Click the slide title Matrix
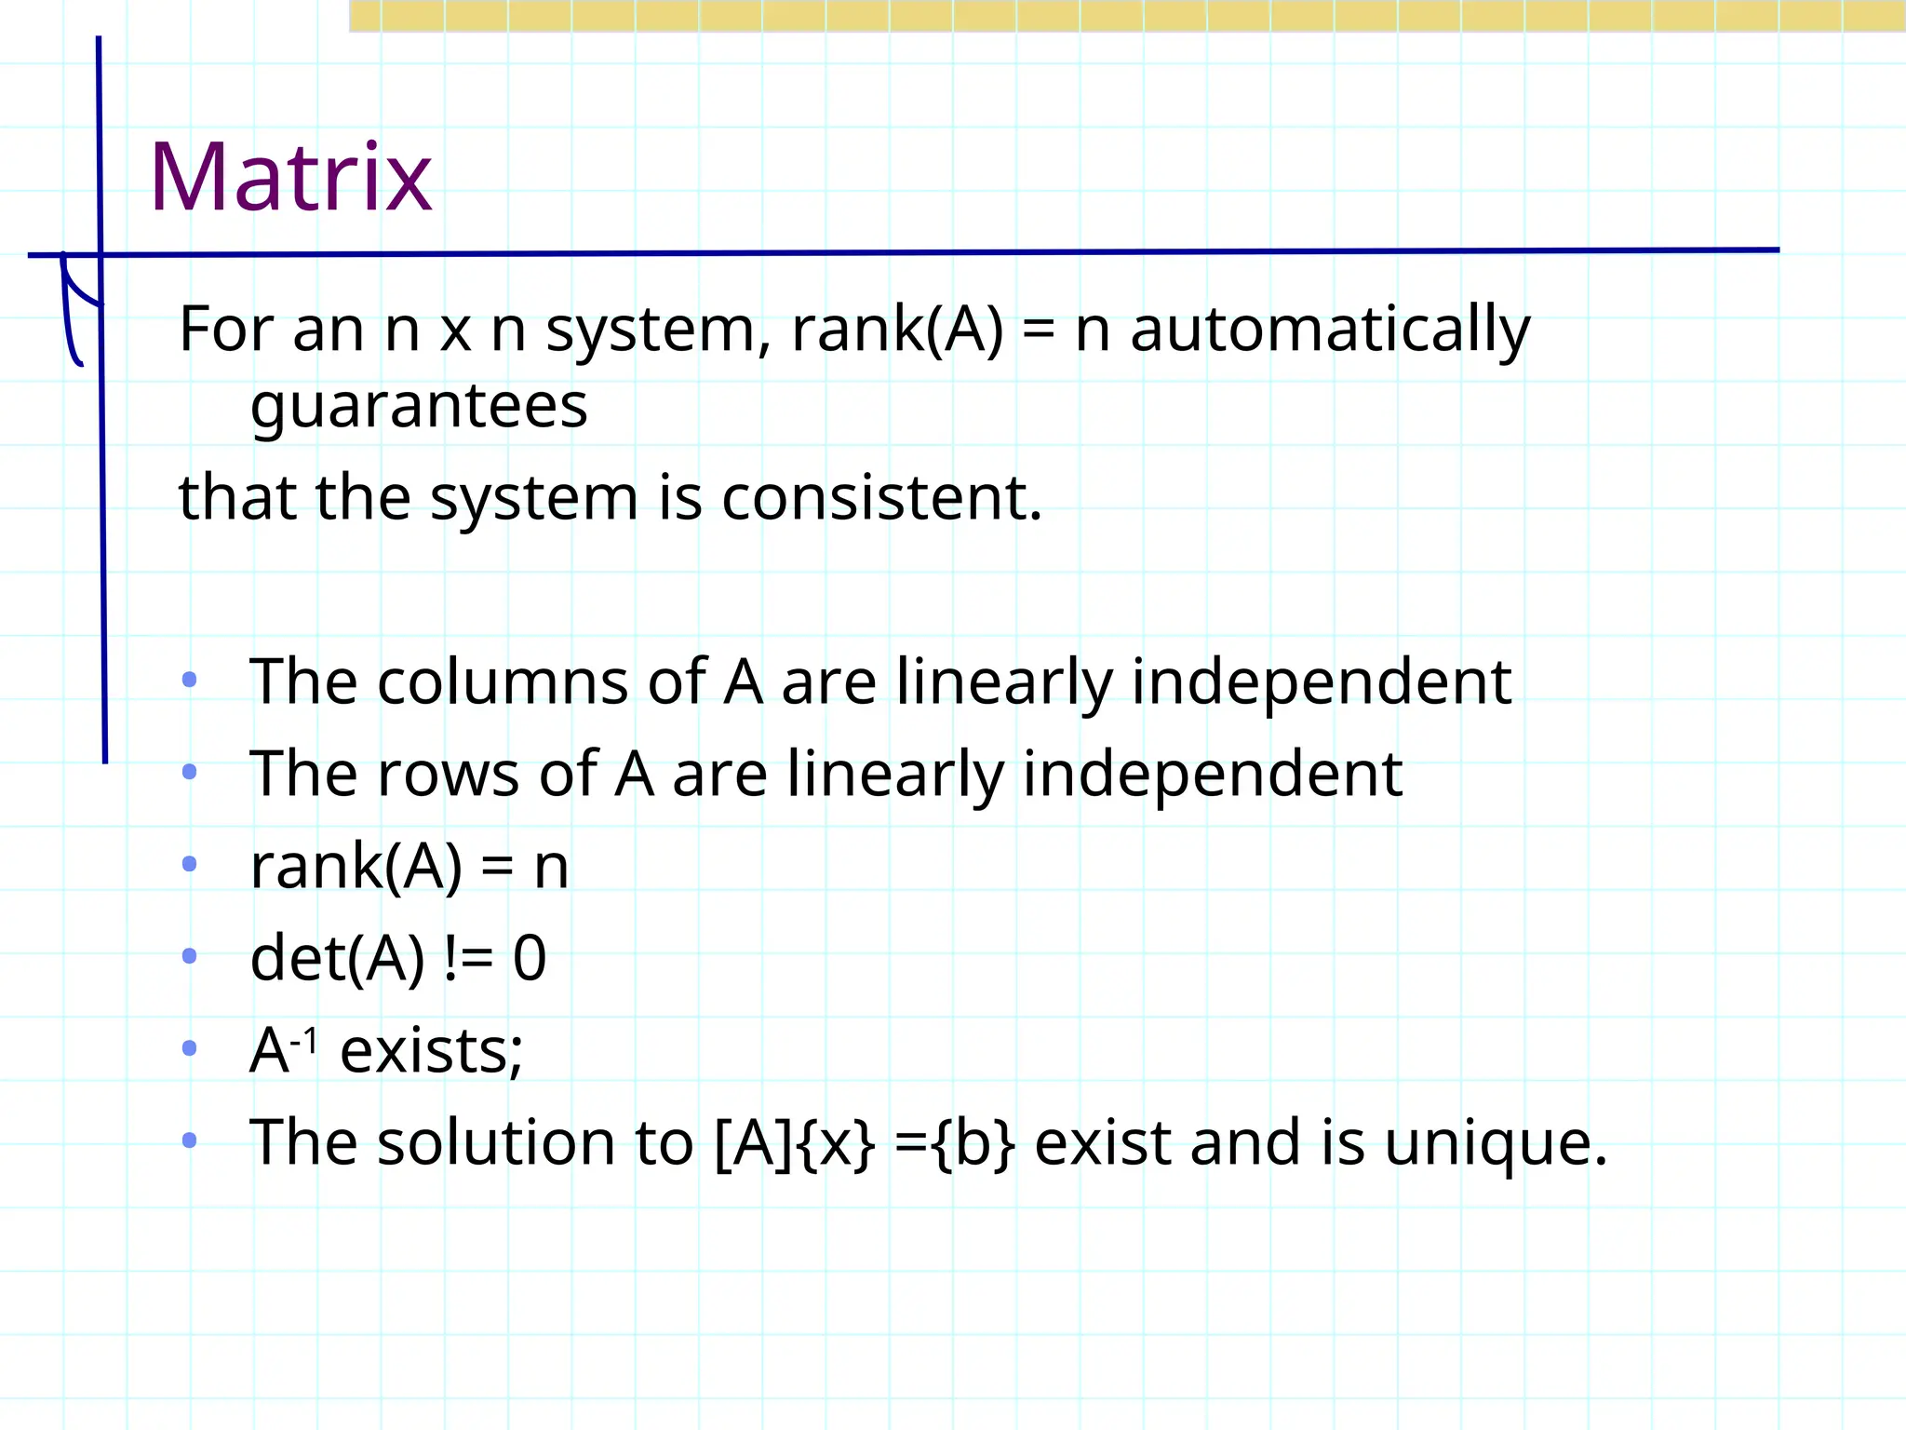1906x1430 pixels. (290, 177)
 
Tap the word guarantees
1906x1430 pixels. (419, 406)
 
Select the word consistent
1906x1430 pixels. (880, 497)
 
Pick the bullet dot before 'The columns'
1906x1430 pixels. (190, 681)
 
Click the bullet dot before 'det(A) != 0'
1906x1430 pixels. (190, 956)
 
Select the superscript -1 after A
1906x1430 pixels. (304, 1039)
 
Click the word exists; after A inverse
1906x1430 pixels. (431, 1051)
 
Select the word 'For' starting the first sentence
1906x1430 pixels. (225, 330)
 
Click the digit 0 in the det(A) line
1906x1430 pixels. (530, 958)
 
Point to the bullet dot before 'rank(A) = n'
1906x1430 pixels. (190, 865)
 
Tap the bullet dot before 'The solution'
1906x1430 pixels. (190, 1140)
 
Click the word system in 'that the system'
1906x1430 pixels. (533, 499)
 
